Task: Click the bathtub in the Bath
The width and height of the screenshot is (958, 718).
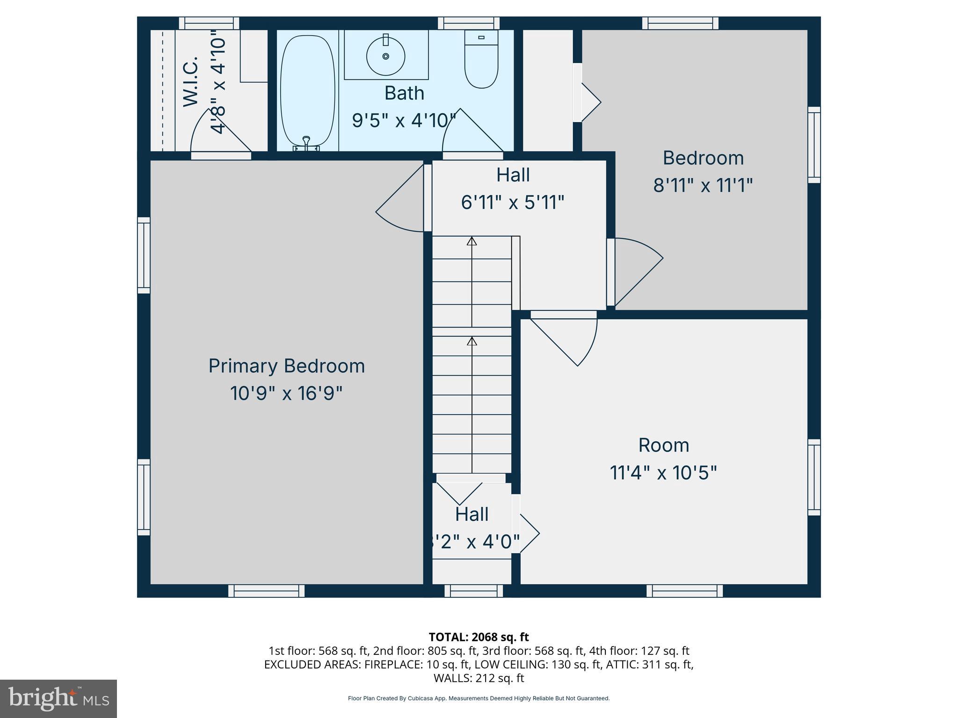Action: (x=307, y=91)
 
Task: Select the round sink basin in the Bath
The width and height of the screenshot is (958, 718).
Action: (x=385, y=57)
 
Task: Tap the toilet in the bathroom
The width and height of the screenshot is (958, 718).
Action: (x=481, y=61)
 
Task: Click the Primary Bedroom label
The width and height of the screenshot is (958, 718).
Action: (x=286, y=366)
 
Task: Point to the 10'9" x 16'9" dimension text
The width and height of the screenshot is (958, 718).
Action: (x=286, y=393)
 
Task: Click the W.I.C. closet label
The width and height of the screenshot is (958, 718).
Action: (x=191, y=82)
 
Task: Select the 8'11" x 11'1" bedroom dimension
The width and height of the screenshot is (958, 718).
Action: (x=703, y=186)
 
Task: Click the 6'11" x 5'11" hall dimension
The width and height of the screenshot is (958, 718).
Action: (x=513, y=202)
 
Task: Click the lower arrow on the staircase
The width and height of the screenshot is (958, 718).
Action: (x=472, y=342)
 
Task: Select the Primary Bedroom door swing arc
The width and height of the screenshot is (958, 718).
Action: (x=400, y=201)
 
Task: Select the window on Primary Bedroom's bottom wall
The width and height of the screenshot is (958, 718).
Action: (x=266, y=591)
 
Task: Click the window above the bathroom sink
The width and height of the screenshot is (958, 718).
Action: (x=469, y=23)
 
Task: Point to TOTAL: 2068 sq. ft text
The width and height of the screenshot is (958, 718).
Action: (x=479, y=637)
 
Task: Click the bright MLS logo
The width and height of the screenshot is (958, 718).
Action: (x=58, y=698)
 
